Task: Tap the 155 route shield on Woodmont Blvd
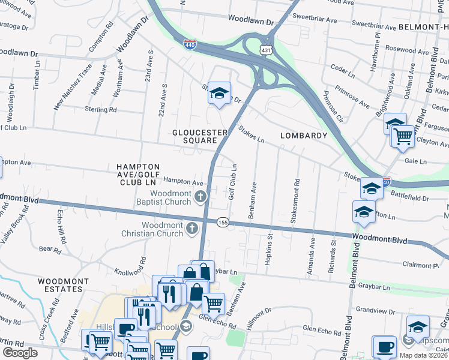pos(222,221)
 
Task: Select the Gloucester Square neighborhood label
pos(200,136)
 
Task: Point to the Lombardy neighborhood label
pos(303,136)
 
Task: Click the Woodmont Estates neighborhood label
pos(59,285)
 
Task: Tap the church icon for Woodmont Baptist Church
pos(202,196)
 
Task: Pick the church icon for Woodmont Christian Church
pos(191,227)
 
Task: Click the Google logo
pos(20,353)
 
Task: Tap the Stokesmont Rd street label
pos(295,200)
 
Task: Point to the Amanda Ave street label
pos(312,256)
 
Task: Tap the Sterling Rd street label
pos(100,110)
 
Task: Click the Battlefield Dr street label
pos(410,197)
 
